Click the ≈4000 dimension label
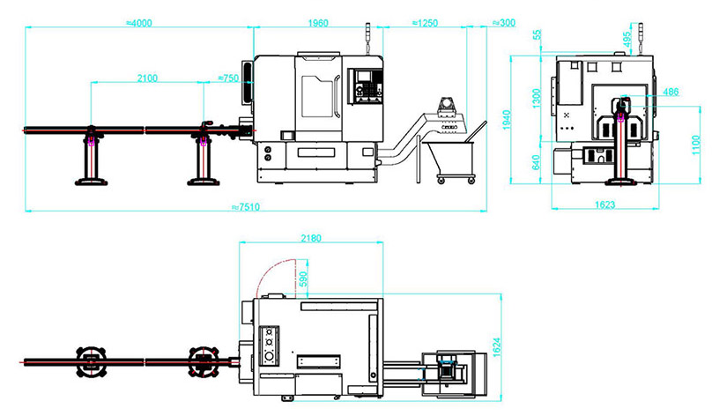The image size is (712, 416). [138, 23]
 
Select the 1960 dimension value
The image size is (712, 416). [318, 23]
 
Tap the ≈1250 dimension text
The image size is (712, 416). [425, 23]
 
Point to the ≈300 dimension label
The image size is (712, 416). [504, 23]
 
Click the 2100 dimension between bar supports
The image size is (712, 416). [147, 78]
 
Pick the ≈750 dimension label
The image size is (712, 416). [228, 78]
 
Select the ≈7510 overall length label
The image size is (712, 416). [246, 207]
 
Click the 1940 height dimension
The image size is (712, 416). [507, 120]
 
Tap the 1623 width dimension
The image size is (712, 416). [604, 204]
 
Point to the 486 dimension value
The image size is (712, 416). [671, 92]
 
